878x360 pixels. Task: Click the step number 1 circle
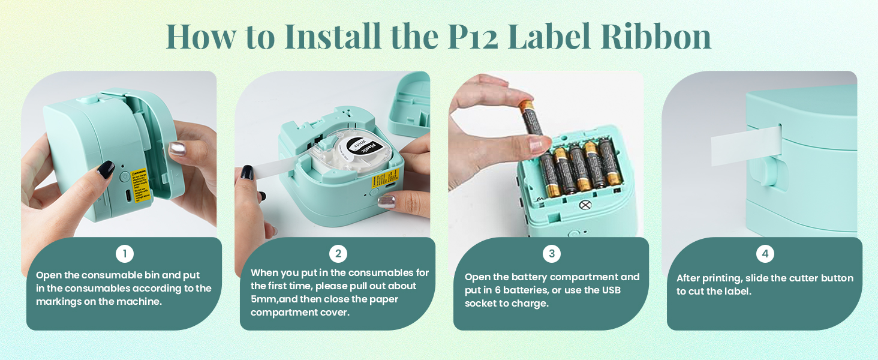click(125, 254)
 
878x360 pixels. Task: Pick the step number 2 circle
click(338, 254)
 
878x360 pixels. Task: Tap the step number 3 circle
click(551, 254)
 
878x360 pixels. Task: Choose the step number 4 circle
click(765, 254)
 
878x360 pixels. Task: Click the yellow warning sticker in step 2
click(385, 178)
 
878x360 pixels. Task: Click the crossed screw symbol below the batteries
click(585, 205)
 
